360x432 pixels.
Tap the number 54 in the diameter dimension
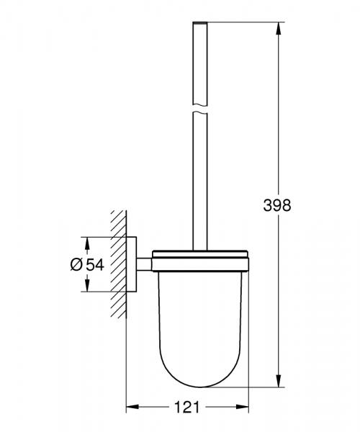coord(95,264)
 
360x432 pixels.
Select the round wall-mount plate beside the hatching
coord(134,264)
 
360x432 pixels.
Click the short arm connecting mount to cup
coord(145,264)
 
